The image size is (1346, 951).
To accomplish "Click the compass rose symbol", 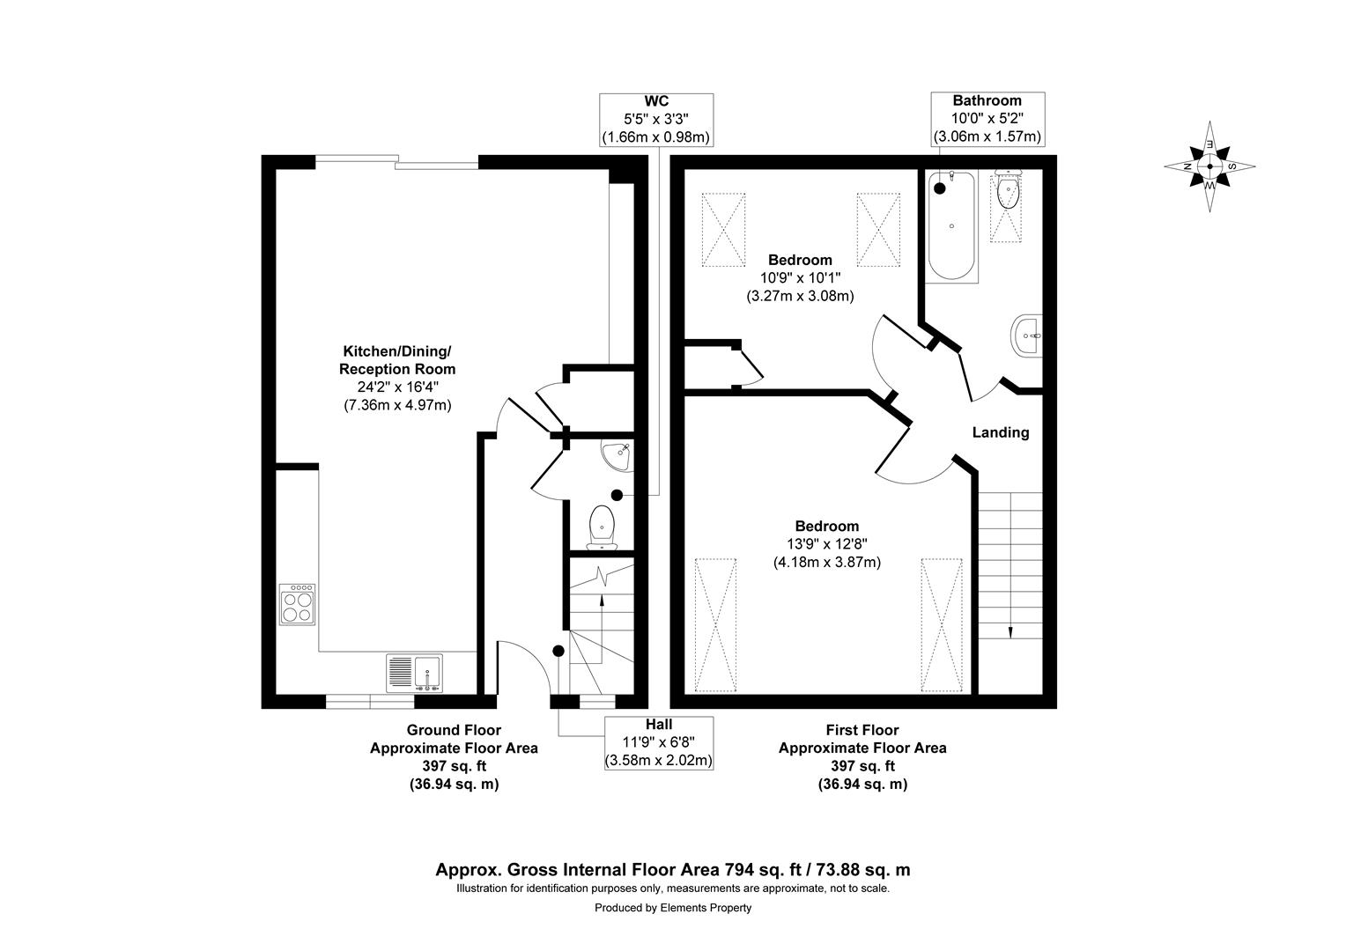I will click(x=1209, y=166).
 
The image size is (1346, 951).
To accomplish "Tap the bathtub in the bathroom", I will click(x=951, y=226).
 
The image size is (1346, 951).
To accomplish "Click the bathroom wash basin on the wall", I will click(x=1027, y=335).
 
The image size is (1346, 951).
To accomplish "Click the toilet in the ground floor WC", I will click(x=603, y=527).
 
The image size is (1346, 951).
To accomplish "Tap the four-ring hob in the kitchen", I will click(x=297, y=604).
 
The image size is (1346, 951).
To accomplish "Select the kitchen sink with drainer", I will click(x=414, y=674).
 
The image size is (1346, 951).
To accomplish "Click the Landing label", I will click(x=1000, y=432).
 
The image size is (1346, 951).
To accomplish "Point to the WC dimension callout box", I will click(x=655, y=120).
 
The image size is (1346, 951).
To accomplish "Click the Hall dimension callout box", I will click(x=658, y=742).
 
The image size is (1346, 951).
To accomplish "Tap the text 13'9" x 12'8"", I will click(x=826, y=544).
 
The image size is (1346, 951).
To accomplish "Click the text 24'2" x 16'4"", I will click(x=397, y=387).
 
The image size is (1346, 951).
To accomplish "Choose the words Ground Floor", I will click(x=453, y=730).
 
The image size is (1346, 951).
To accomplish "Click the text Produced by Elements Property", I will click(x=673, y=908).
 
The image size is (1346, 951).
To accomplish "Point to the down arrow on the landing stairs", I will click(x=1009, y=630).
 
